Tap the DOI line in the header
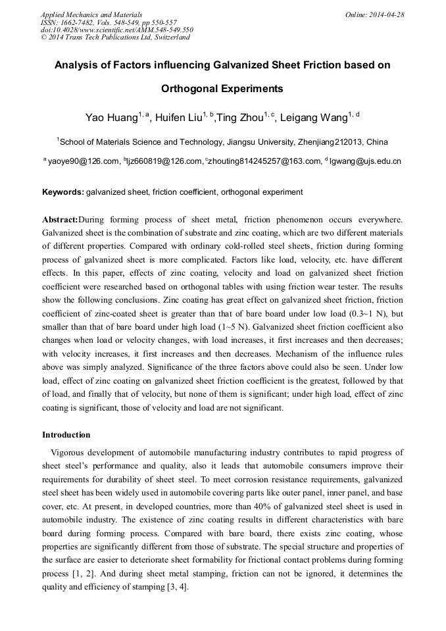click(116, 30)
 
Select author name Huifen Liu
click(179, 118)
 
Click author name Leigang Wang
click(312, 118)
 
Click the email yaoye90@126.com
click(84, 161)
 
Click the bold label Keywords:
click(63, 192)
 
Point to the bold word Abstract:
click(60, 218)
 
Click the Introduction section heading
click(66, 435)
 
